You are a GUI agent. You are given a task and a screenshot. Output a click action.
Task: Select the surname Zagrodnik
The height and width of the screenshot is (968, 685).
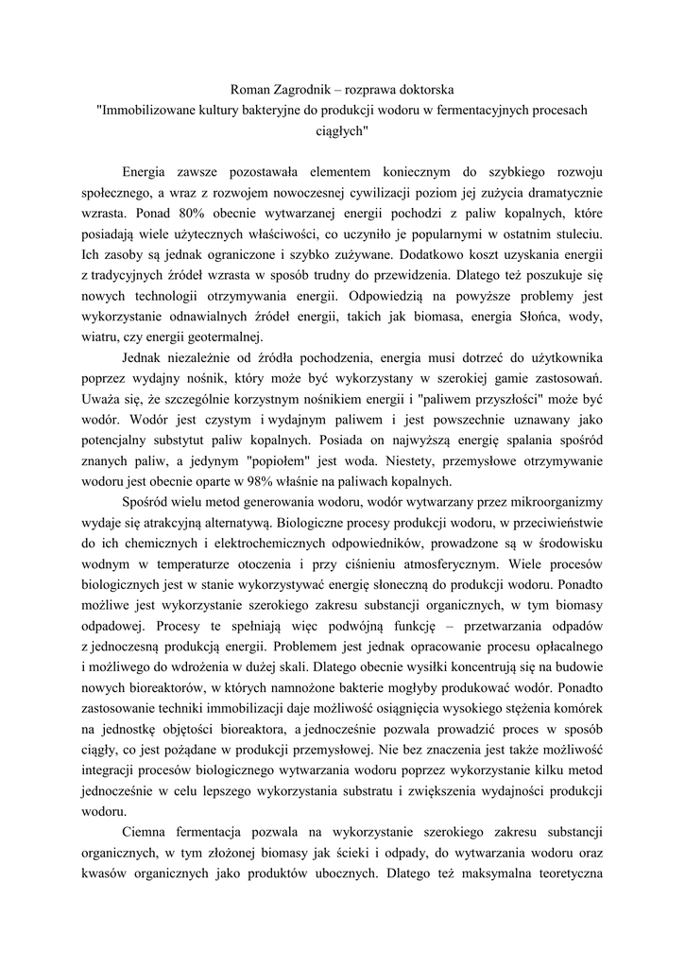point(307,90)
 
